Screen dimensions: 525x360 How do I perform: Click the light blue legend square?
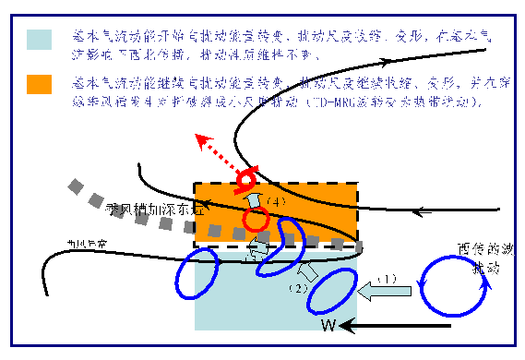39,39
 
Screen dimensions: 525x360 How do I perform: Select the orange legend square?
39,84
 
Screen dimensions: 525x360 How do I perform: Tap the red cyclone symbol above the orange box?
247,176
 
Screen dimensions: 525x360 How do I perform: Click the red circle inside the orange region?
257,219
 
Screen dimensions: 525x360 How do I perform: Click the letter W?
328,324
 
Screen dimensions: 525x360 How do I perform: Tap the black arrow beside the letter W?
349,325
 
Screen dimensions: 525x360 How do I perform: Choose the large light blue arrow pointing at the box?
385,293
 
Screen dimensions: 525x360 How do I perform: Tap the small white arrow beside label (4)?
254,201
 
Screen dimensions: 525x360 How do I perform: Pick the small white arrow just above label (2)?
311,271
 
